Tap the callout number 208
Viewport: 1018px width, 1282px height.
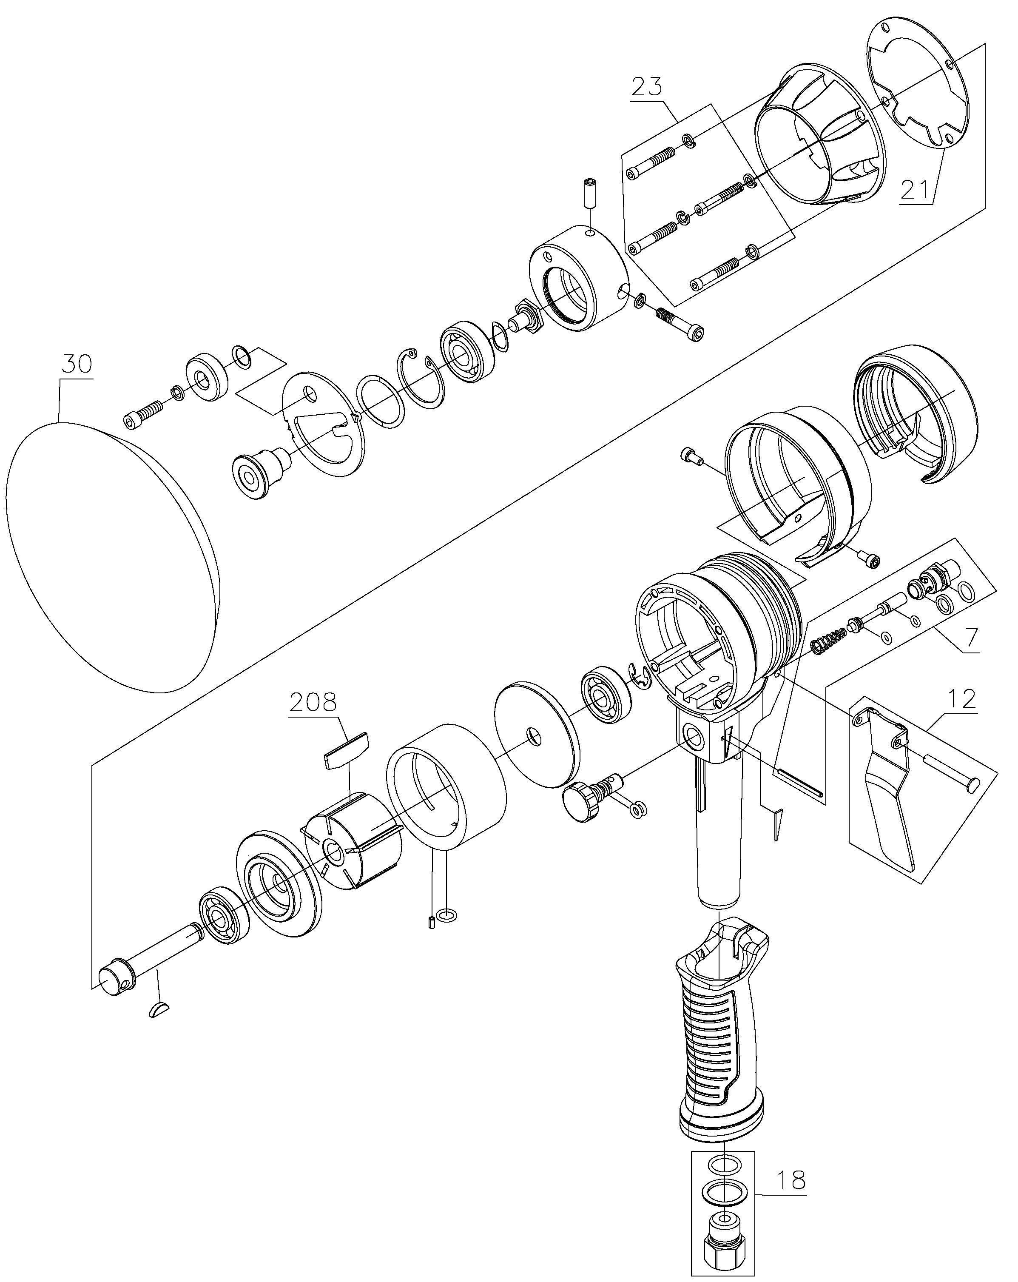pos(313,702)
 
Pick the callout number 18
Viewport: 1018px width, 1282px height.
pos(791,1179)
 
